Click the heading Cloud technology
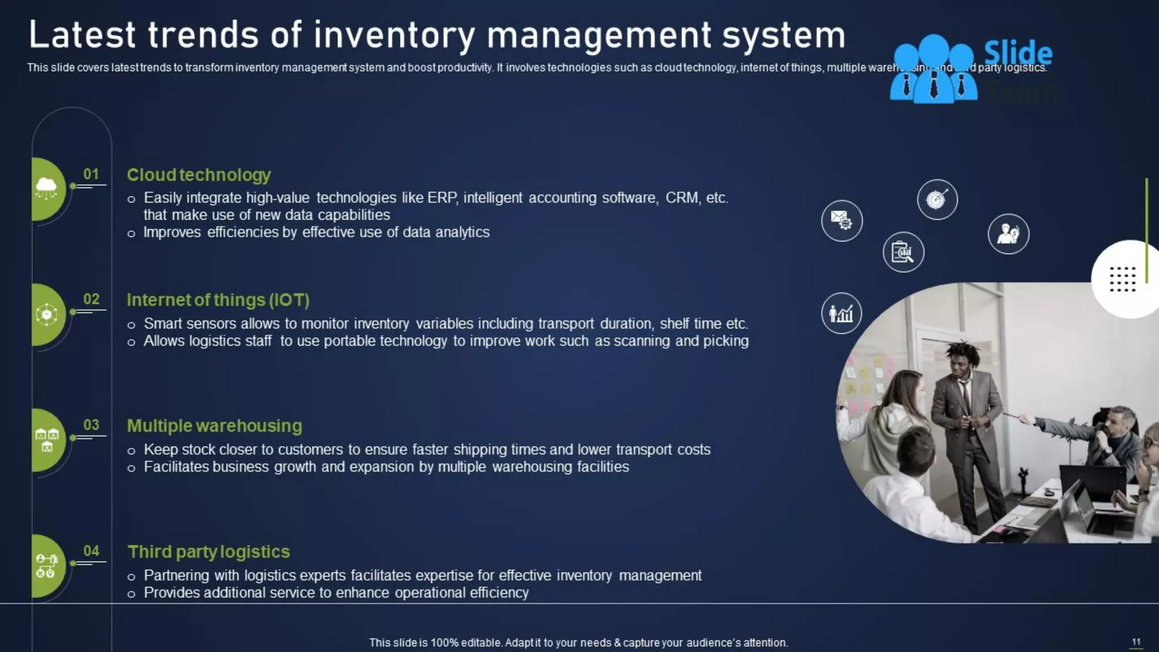(x=199, y=175)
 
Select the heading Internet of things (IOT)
(x=218, y=300)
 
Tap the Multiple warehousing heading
(x=214, y=426)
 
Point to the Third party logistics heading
(x=209, y=552)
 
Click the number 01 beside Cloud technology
(x=91, y=174)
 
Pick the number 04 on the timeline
(x=91, y=551)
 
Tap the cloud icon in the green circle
(x=46, y=187)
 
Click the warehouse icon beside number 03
(x=47, y=440)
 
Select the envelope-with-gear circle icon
(x=842, y=220)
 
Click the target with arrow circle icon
(x=937, y=199)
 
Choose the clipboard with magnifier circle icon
(x=903, y=252)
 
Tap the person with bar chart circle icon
(x=841, y=313)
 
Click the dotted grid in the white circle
(x=1123, y=279)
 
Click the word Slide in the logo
(x=1018, y=53)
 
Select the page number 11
(x=1136, y=641)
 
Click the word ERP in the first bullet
(x=441, y=198)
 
